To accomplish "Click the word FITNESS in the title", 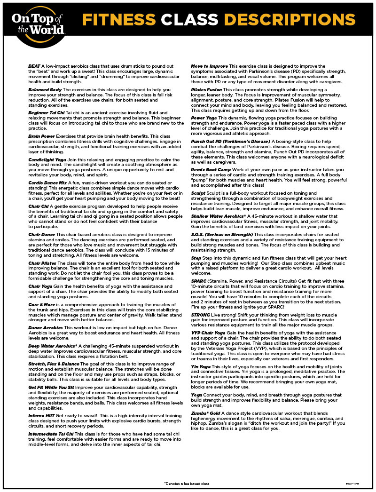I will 119,19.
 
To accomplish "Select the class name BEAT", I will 34,66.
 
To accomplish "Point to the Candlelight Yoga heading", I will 47,160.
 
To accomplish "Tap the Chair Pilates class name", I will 43,263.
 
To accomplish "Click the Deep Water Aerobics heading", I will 51,346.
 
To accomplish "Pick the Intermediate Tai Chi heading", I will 50,434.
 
